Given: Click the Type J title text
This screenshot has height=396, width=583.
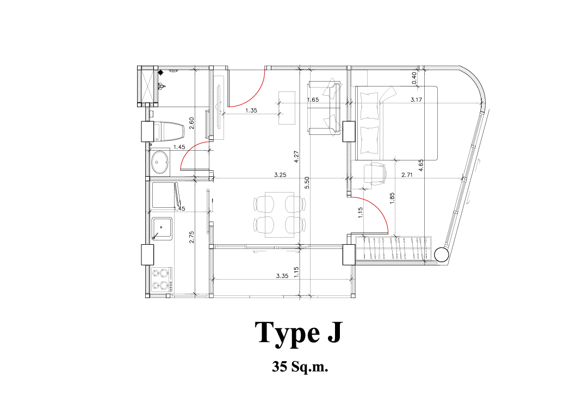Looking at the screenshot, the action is (x=298, y=332).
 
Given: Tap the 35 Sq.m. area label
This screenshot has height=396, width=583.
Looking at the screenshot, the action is (x=300, y=367).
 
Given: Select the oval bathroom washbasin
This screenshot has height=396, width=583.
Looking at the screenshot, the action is (x=160, y=162).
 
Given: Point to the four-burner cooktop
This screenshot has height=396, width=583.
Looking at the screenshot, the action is (x=162, y=279).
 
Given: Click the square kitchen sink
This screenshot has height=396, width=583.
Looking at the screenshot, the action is (x=162, y=228).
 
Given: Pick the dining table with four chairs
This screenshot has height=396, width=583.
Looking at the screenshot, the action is (x=280, y=214).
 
